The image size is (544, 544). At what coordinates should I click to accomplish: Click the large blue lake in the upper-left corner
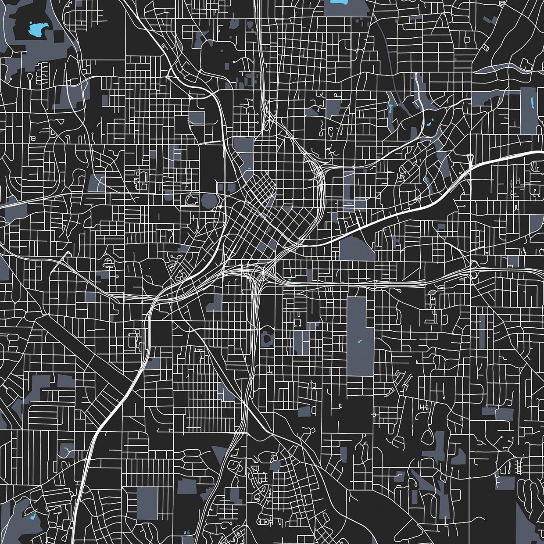click(x=38, y=30)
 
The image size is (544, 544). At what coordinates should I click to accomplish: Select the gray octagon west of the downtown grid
click(x=209, y=201)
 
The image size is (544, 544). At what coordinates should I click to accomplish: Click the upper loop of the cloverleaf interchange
click(x=474, y=265)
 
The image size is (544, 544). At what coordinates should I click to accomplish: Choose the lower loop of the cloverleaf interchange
click(x=474, y=275)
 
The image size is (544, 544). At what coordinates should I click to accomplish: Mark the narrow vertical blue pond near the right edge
click(x=533, y=104)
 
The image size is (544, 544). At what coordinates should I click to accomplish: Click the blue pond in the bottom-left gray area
click(x=34, y=517)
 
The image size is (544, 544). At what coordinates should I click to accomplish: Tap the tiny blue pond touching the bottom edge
click(x=186, y=532)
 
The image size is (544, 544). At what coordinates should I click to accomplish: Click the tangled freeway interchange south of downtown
click(x=252, y=272)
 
